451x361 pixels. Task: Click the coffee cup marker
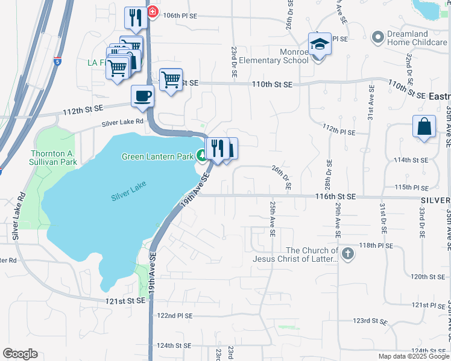coord(142,96)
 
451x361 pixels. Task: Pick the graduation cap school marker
coord(320,44)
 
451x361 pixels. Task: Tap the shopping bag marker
coord(424,127)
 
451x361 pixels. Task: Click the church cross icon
coord(347,254)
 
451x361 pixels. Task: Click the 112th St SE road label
coord(83,110)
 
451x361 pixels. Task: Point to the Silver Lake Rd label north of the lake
coord(123,122)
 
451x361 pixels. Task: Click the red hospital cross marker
coord(152,11)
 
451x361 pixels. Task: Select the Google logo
coord(20,354)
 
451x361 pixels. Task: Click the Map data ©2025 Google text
coord(413,356)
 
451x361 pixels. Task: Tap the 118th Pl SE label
coord(376,245)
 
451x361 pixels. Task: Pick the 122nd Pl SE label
coord(174,315)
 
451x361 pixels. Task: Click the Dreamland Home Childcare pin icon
coord(378,37)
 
